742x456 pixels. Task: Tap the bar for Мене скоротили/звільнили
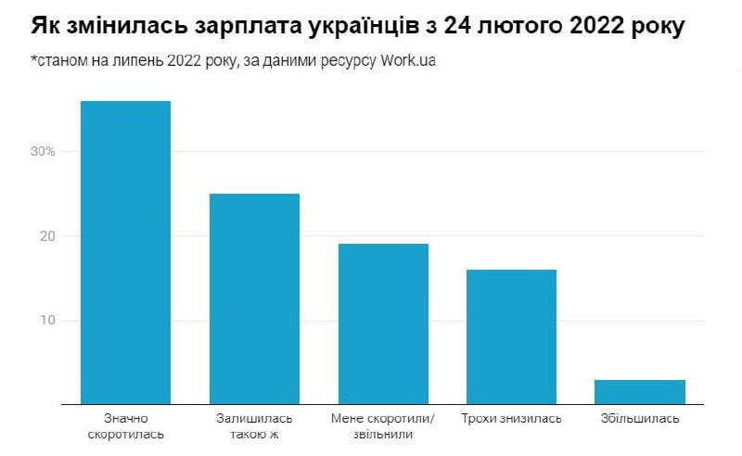(x=383, y=323)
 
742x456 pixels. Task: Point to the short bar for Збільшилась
(x=640, y=392)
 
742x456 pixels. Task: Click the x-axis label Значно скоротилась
(x=125, y=425)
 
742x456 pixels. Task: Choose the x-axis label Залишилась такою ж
(x=254, y=425)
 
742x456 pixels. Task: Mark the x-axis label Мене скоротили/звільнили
(x=383, y=425)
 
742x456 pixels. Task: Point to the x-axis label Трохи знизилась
(x=511, y=419)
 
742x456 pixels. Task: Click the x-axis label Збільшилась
(x=640, y=419)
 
